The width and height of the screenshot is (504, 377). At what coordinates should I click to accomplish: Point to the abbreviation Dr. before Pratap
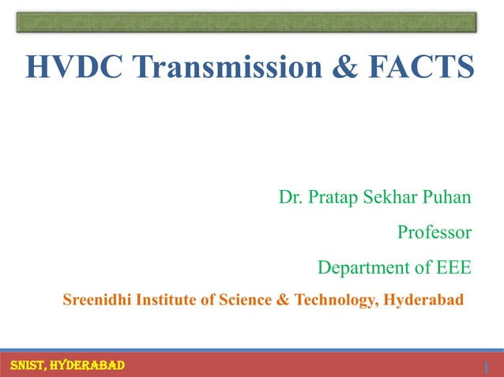point(289,196)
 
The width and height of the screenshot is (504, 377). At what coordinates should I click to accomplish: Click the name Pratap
point(330,196)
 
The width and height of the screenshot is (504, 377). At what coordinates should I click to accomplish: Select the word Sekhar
point(390,196)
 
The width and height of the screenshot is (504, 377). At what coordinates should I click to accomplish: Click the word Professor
point(434,233)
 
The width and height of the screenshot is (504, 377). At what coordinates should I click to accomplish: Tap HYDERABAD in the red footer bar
point(86,364)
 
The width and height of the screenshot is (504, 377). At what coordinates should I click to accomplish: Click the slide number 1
point(487,367)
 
